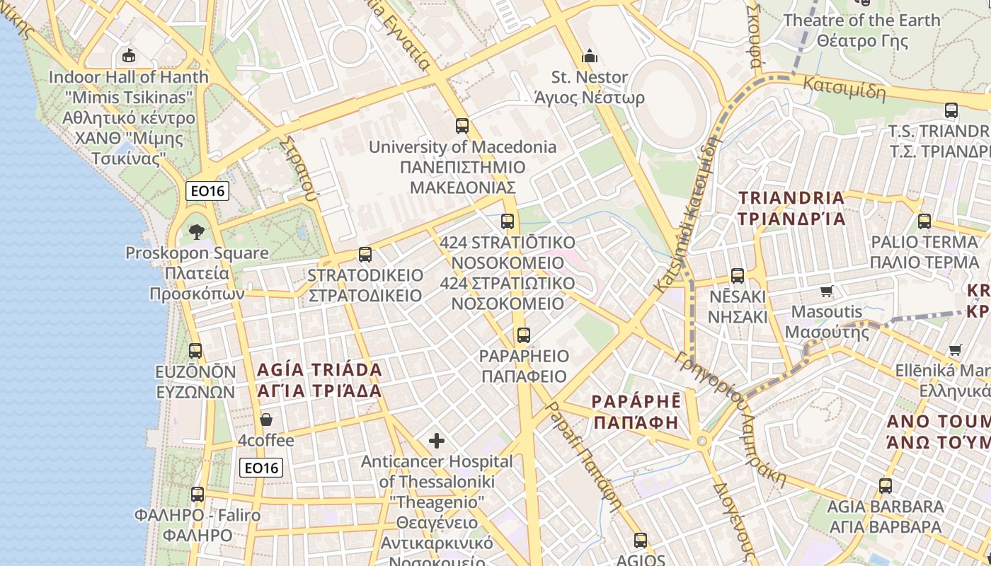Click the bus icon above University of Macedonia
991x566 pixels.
point(462,126)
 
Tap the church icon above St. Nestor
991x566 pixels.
point(589,55)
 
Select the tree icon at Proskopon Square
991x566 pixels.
point(197,231)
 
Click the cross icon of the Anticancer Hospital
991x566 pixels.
point(437,441)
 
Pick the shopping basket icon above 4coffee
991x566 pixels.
point(266,420)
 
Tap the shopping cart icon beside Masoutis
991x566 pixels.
point(826,291)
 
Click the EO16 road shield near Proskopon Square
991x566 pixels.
point(207,190)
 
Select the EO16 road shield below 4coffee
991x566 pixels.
point(261,467)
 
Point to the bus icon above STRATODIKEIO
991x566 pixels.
point(365,254)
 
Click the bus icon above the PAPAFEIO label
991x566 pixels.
point(524,335)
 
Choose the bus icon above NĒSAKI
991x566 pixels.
point(738,275)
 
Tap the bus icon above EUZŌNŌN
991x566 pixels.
point(195,350)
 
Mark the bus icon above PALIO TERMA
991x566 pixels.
point(924,221)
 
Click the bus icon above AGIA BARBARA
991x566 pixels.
point(886,486)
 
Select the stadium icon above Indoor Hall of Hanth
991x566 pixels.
point(128,55)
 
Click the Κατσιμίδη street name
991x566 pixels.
point(844,87)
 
